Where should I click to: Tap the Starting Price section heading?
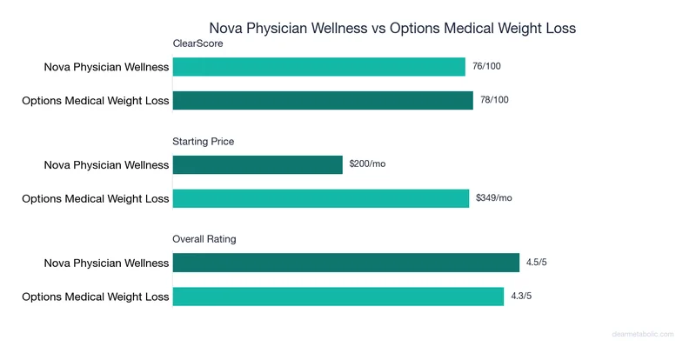(204, 141)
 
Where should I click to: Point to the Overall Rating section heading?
(204, 238)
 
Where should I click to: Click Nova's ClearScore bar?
(318, 67)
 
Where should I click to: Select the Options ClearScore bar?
(323, 100)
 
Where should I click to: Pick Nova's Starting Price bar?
(258, 164)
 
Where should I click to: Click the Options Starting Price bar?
(321, 198)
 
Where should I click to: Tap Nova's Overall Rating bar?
(345, 263)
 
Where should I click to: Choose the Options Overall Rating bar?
(338, 296)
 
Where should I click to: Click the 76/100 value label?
(486, 67)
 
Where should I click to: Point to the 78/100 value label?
(494, 100)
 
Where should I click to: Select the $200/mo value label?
(367, 164)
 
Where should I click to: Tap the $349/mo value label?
(493, 198)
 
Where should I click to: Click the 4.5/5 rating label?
(538, 263)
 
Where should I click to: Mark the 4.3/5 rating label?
(523, 296)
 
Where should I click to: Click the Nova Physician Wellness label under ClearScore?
(106, 67)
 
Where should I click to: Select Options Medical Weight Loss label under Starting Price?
(95, 198)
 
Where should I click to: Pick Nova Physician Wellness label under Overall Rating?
(106, 263)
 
